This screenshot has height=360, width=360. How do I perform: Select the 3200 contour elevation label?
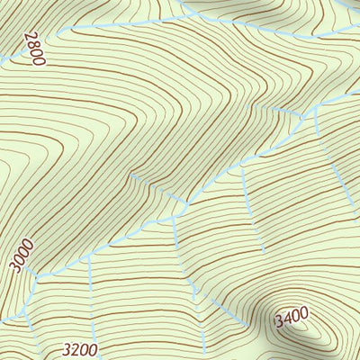pos(80,349)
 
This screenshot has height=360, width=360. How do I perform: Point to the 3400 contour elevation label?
pos(292,318)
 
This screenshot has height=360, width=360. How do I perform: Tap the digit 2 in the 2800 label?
pos(30,37)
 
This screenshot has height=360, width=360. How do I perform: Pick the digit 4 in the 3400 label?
pos(287,319)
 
